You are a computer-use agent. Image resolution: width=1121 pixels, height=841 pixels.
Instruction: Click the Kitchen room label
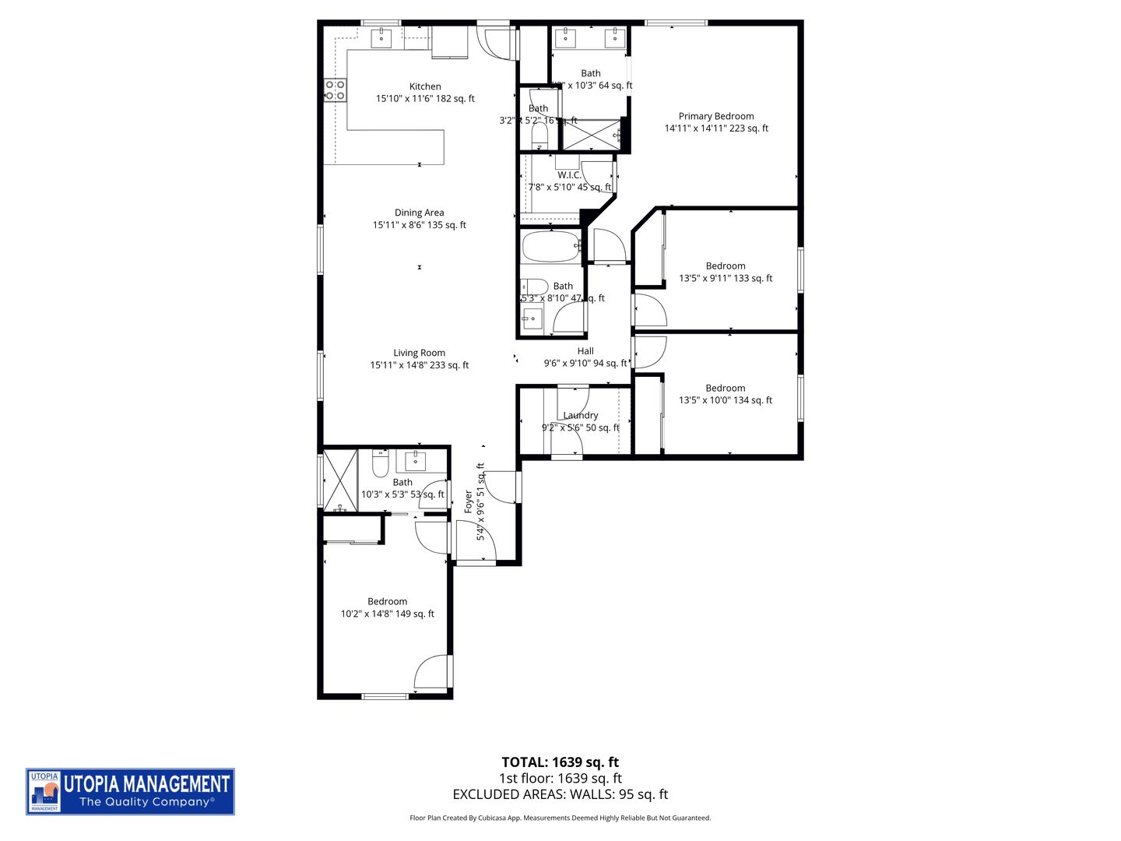tap(425, 86)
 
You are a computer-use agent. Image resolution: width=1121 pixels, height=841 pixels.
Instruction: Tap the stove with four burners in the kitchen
tap(336, 90)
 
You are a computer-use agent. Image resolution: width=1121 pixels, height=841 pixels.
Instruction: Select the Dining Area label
tap(419, 213)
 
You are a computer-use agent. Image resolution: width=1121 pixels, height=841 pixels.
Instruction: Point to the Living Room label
tap(419, 353)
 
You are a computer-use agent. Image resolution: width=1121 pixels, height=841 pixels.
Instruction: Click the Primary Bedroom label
tap(715, 116)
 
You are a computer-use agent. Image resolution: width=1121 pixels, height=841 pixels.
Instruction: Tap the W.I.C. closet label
tap(569, 175)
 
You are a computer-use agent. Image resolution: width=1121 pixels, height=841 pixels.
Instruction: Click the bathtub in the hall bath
tap(551, 247)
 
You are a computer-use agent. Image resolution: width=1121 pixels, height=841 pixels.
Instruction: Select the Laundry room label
tap(581, 415)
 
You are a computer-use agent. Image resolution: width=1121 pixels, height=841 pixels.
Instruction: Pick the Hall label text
tap(585, 351)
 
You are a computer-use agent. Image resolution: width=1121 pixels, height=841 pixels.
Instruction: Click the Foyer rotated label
tap(468, 501)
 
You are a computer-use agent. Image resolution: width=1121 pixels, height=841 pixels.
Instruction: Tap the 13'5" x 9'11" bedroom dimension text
tap(726, 278)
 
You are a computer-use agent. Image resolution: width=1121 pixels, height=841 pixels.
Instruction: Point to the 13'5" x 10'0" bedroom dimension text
tap(726, 400)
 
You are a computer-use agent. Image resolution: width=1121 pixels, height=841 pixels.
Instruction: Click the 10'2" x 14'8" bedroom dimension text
tap(388, 614)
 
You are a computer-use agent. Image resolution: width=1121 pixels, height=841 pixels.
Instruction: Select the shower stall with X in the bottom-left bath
tap(339, 479)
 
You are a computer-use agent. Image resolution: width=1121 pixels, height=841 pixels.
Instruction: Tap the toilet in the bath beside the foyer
tap(380, 465)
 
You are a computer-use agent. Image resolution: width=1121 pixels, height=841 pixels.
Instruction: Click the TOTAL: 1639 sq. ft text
tap(560, 762)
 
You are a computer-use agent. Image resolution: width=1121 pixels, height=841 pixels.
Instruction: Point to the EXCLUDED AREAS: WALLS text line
tap(560, 794)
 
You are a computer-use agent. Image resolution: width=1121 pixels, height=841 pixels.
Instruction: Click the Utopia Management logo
tap(130, 791)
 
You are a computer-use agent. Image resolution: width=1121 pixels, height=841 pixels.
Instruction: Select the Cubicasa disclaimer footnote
tap(560, 818)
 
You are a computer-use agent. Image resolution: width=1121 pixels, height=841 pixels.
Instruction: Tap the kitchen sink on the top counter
tap(381, 37)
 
